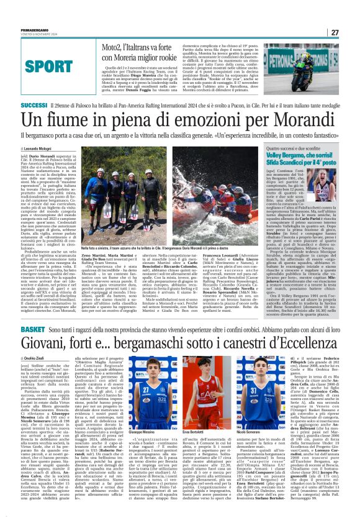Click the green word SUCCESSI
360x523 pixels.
coord(35,106)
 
